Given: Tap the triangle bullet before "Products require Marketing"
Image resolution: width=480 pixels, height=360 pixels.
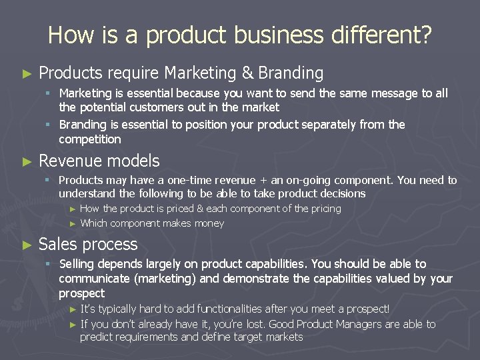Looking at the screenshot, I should point(27,73).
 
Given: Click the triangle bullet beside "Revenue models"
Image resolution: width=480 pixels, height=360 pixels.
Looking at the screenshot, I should point(27,161).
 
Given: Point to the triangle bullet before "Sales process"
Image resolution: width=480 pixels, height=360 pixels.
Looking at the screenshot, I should point(27,245).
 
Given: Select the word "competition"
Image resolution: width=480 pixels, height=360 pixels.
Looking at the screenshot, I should point(90,139).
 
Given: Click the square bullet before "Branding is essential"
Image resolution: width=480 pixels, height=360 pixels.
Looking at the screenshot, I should point(49,125).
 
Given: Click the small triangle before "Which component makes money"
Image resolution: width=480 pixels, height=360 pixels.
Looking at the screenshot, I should point(73,224).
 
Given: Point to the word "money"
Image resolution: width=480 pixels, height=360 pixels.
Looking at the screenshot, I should point(209,223).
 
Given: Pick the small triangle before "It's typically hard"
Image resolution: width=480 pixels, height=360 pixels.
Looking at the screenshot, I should point(73,309).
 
